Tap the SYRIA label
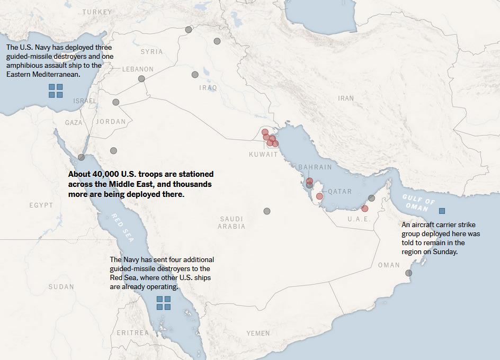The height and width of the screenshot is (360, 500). pyautogui.click(x=151, y=51)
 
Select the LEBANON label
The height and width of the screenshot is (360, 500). pyautogui.click(x=138, y=69)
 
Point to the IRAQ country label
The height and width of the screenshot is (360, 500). pyautogui.click(x=208, y=87)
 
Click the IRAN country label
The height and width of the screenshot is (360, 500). pyautogui.click(x=346, y=98)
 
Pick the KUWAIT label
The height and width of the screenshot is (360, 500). pyautogui.click(x=263, y=155)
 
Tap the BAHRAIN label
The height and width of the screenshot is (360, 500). pyautogui.click(x=315, y=167)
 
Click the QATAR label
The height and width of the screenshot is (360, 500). pyautogui.click(x=340, y=191)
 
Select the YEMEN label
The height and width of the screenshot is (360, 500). pyautogui.click(x=258, y=333)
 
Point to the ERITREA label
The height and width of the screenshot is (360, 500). pyautogui.click(x=132, y=332)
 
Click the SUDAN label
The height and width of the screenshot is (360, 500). pyautogui.click(x=61, y=287)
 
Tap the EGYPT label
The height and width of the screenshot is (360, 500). pyautogui.click(x=41, y=205)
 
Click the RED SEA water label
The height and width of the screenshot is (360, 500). pyautogui.click(x=122, y=228)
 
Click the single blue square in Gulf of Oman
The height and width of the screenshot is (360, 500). pyautogui.click(x=442, y=211)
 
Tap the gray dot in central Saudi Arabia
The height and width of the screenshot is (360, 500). pyautogui.click(x=267, y=211)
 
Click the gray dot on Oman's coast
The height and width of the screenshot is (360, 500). pyautogui.click(x=408, y=273)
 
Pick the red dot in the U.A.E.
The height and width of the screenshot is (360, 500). pyautogui.click(x=364, y=209)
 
